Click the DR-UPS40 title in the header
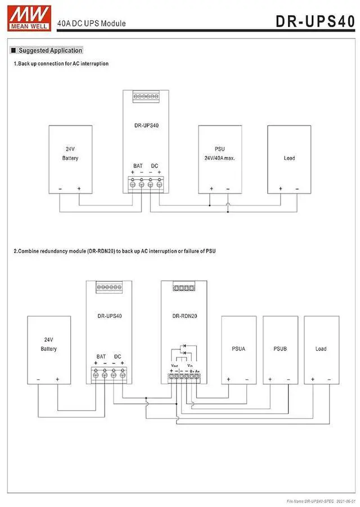316,21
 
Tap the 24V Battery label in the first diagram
70,154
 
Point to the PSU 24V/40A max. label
220,154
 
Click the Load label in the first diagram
289,158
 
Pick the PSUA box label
238,349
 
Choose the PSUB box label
280,349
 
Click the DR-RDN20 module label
184,316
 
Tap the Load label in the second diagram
321,349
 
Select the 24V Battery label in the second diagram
49,344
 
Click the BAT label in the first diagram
138,166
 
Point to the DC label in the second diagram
118,356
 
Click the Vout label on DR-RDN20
174,365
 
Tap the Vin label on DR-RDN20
190,365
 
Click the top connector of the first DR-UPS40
146,97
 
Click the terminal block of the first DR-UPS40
146,183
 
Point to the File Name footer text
321,500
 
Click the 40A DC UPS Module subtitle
91,24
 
